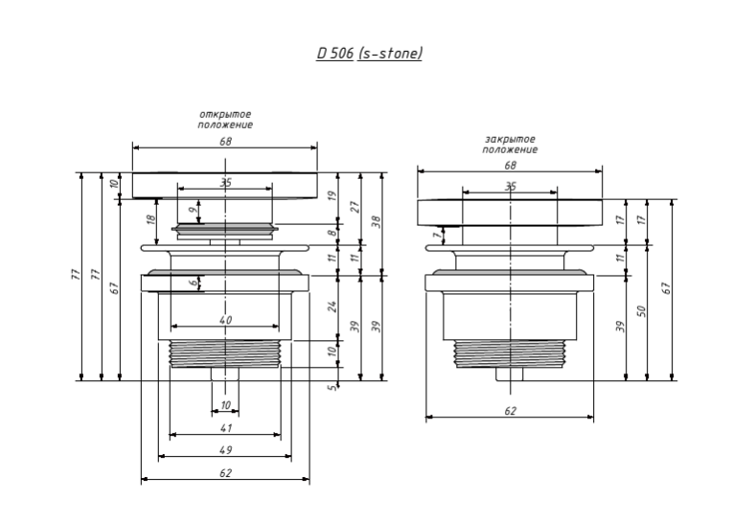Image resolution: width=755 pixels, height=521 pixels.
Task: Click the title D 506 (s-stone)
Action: (x=370, y=53)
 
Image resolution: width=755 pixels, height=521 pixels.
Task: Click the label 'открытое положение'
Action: (x=225, y=120)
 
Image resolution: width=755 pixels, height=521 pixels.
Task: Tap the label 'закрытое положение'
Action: (x=510, y=145)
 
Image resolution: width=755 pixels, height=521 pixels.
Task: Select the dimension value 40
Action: (x=226, y=321)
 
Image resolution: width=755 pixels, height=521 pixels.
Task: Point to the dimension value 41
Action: (x=226, y=428)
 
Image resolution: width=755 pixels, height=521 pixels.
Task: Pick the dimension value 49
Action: (x=226, y=449)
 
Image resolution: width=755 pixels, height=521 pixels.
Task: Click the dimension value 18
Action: (x=150, y=220)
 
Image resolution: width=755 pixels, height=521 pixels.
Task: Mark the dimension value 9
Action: (x=193, y=209)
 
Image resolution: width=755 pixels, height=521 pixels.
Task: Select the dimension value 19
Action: (x=333, y=195)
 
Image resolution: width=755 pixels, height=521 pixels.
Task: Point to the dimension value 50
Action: (x=643, y=310)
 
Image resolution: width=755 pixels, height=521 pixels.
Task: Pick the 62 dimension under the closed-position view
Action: (x=511, y=411)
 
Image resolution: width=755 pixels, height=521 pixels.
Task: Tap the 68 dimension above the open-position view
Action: (x=226, y=141)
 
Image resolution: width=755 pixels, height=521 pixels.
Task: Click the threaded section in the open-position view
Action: (x=225, y=352)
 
